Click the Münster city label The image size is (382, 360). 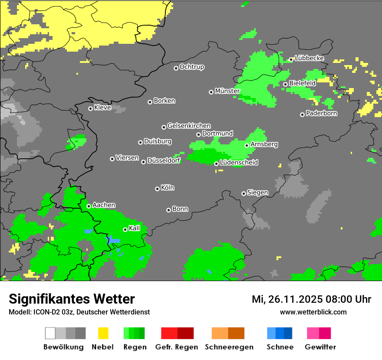click(227, 91)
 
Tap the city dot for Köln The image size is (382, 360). click(157, 189)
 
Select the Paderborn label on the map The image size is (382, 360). click(321, 114)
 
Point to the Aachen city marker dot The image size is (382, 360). click(89, 206)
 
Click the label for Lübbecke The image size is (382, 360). click(310, 58)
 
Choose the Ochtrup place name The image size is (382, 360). click(192, 67)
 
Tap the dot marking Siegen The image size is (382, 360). click(244, 193)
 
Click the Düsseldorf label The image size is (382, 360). click(164, 161)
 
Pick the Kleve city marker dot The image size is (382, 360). click(90, 108)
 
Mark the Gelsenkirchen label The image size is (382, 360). click(189, 126)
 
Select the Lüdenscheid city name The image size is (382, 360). click(239, 163)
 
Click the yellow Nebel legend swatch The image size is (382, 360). click(103, 333)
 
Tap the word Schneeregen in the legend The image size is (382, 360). click(229, 347)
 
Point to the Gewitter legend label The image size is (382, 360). click(320, 347)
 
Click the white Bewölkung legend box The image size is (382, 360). click(50, 333)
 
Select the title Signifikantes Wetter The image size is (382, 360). click(72, 299)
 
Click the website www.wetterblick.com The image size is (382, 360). click(313, 312)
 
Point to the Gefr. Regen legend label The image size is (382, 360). click(177, 347)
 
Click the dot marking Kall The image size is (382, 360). click(125, 229)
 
